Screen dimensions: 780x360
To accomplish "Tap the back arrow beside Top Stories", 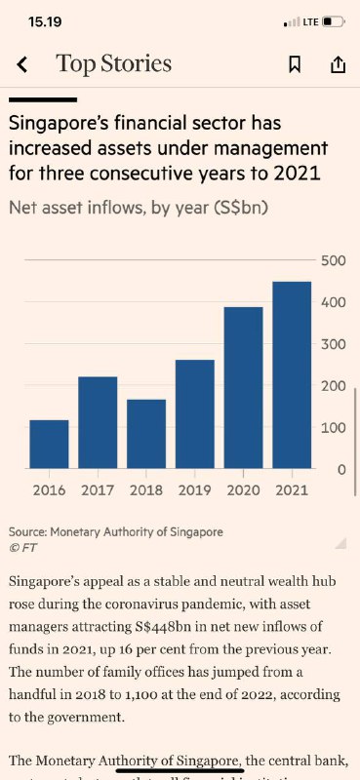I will pos(22,65).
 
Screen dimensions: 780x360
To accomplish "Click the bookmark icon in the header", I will pos(294,65).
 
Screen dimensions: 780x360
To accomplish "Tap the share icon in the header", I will pos(338,65).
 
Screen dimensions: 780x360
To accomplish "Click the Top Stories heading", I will pos(113,64).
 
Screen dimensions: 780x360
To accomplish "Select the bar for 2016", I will pos(49,444).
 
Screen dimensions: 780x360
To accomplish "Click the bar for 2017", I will pos(98,422).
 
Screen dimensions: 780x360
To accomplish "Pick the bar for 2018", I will pos(146,434).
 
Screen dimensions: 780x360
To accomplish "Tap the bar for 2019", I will pos(195,414).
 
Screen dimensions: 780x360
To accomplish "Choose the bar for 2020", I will pos(244,388).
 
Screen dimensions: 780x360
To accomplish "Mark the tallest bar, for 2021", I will pos(292,375).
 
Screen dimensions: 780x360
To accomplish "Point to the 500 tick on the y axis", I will pos(334,260).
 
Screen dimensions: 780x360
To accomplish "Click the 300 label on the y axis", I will pos(334,344).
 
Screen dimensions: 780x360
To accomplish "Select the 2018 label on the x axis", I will pos(146,490).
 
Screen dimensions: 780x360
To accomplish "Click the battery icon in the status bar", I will pos(334,21).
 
